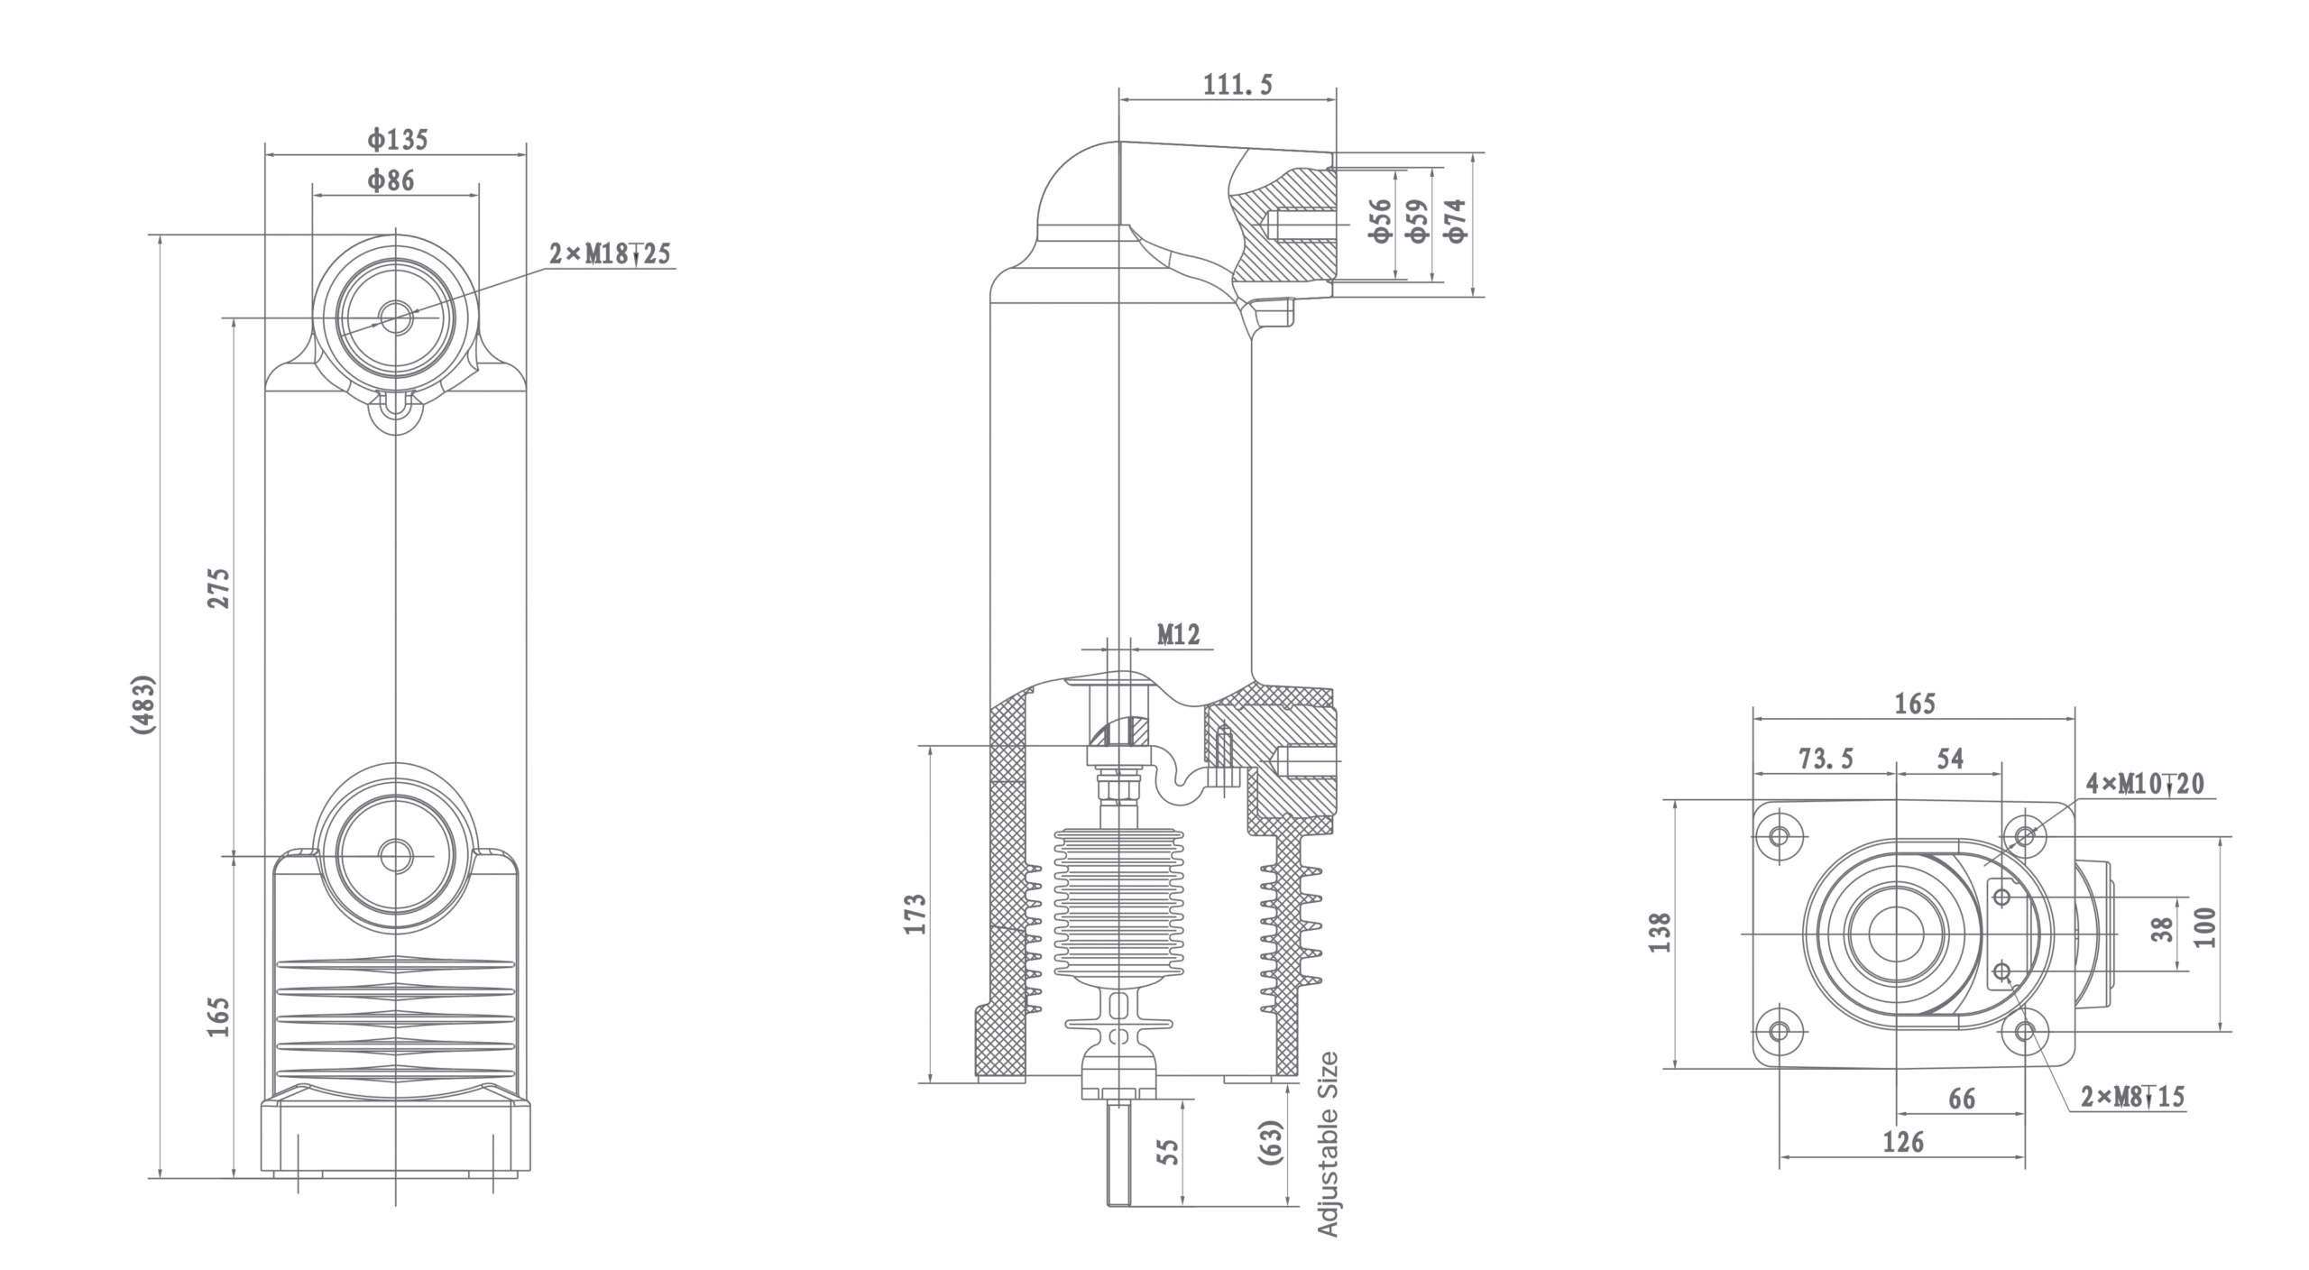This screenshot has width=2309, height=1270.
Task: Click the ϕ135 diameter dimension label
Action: coord(397,140)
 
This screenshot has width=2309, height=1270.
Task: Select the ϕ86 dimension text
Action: coord(391,181)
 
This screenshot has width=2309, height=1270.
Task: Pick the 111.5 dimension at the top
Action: coord(1237,85)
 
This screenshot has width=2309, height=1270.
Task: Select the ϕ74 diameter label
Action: coord(1455,220)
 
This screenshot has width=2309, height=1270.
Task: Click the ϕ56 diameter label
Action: coord(1380,220)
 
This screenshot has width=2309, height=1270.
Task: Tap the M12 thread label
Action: coord(1179,635)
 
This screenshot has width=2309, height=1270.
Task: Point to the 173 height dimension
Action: coord(915,913)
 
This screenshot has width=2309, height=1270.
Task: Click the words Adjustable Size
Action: coord(1327,1143)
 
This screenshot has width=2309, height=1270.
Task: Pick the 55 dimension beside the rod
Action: coord(1168,1151)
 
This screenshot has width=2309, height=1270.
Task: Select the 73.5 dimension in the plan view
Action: coord(1826,759)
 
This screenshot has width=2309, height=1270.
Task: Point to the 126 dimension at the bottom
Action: coord(1903,1143)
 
